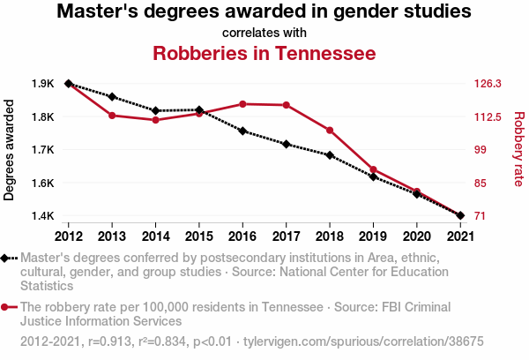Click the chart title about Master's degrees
coord(264,12)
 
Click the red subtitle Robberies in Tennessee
coord(264,53)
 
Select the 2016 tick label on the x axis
coord(242,236)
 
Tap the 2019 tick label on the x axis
coord(373,236)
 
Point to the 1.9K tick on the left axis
coord(42,84)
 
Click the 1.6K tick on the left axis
coord(42,183)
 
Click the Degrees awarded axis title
coord(10,150)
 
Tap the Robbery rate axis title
coord(518,149)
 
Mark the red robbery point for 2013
coord(112,116)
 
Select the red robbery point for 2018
coord(330,131)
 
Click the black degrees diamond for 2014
coord(155,111)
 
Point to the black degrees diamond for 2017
coord(287,144)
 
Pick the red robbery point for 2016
coord(242,104)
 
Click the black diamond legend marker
coord(6,258)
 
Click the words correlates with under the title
coord(264,33)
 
